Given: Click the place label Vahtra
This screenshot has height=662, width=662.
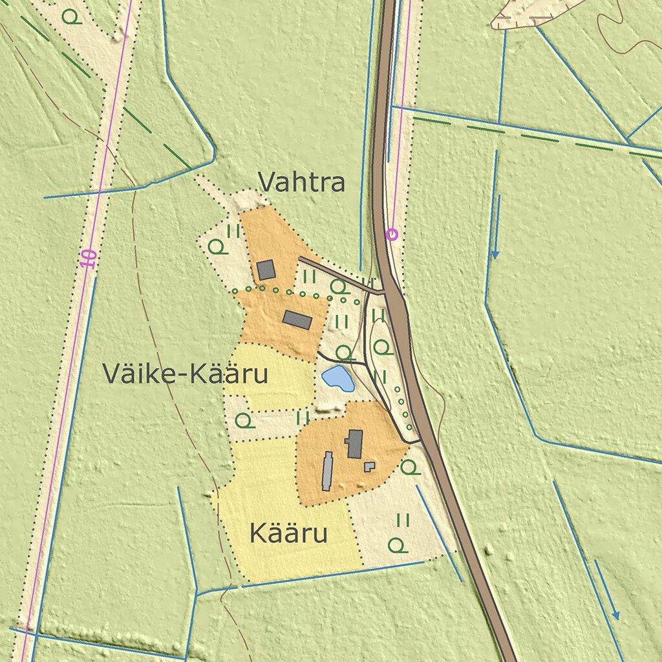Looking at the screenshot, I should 301,183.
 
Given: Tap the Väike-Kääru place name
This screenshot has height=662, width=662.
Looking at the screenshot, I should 185,374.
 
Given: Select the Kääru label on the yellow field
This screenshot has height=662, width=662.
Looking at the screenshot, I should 288,535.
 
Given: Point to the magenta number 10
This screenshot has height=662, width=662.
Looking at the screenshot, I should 89,259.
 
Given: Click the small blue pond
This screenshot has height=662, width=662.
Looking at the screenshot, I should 338,378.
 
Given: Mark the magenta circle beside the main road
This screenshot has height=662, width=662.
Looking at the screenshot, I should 392,235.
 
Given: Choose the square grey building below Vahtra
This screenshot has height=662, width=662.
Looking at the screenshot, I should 266,270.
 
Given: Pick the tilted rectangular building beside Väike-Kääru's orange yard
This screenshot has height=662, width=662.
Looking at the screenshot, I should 297,320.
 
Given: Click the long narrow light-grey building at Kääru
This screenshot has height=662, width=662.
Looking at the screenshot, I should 328,471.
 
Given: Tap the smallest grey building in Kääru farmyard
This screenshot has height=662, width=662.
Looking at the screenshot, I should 369,466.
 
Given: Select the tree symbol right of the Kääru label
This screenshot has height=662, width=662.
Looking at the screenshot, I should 399,546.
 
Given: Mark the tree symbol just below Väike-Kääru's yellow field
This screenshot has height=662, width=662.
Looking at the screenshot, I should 244,421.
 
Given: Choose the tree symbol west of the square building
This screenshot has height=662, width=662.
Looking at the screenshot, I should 217,246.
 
